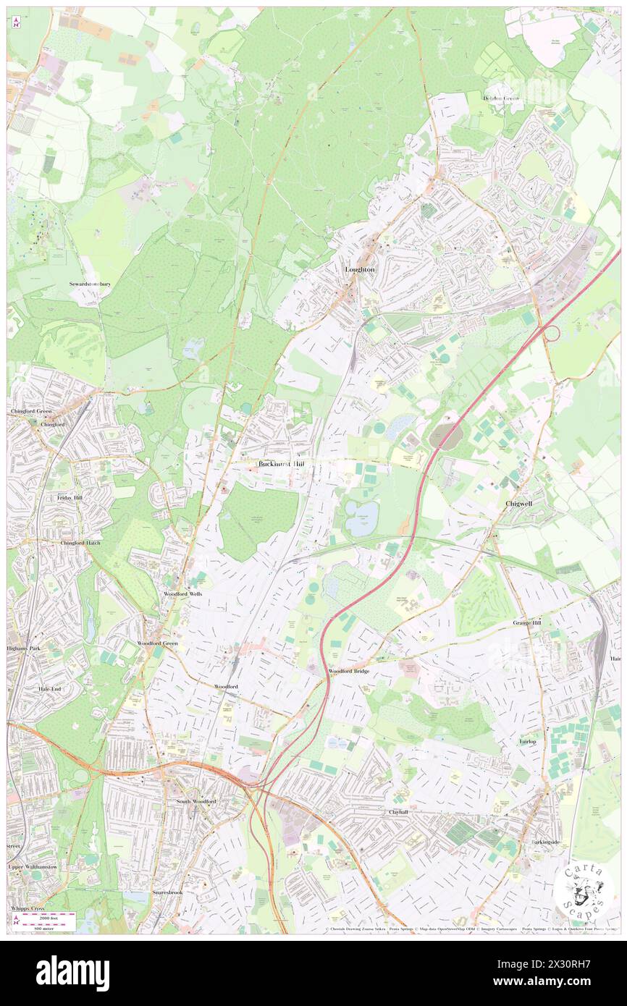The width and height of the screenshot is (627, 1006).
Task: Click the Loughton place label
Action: (360, 269)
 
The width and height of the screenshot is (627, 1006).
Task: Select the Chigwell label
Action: (520, 503)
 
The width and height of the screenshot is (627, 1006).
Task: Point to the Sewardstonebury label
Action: (91, 284)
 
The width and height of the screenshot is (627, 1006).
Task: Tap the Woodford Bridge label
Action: (349, 671)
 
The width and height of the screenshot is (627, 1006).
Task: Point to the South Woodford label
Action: (196, 802)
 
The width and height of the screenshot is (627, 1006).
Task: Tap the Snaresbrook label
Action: (167, 892)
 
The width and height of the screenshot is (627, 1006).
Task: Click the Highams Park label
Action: (25, 648)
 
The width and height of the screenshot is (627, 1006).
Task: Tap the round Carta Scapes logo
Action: (584, 892)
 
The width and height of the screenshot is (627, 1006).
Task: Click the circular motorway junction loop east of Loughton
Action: (552, 332)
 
